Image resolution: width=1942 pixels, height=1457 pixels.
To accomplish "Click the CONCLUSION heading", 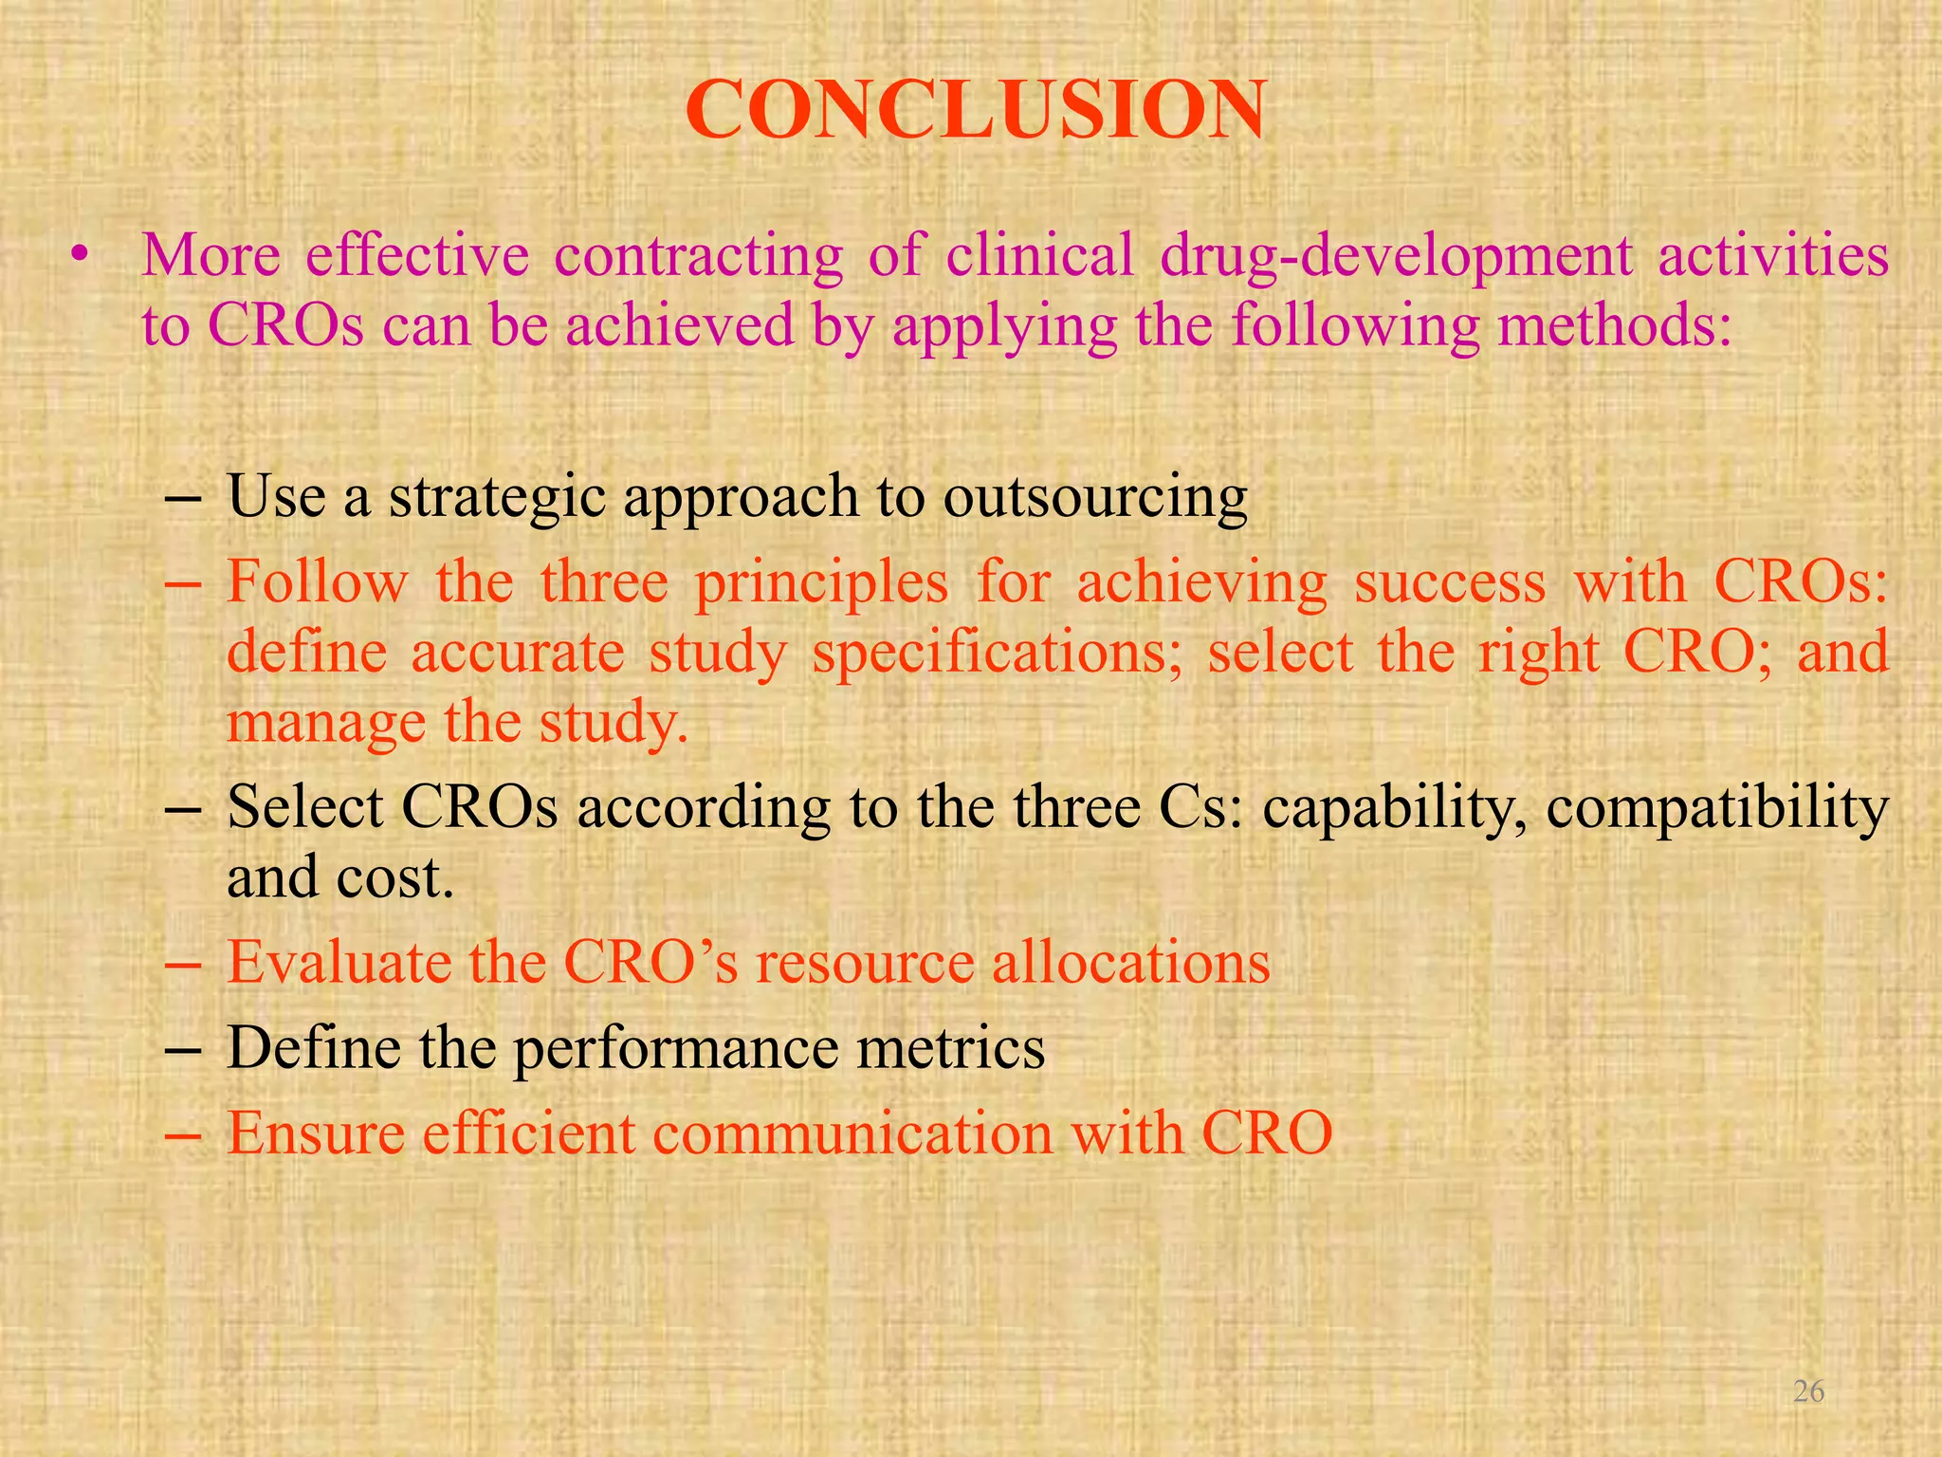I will pos(974,111).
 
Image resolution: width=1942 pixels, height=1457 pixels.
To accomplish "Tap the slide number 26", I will pos(1809,1391).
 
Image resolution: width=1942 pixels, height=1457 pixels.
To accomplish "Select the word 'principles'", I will pos(821,581).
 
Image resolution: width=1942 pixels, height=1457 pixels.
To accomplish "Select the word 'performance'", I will pos(674,1049).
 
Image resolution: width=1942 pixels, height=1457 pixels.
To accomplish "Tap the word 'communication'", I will pos(853,1133).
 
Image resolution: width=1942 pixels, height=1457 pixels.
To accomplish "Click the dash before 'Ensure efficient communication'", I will pos(181,1134).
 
